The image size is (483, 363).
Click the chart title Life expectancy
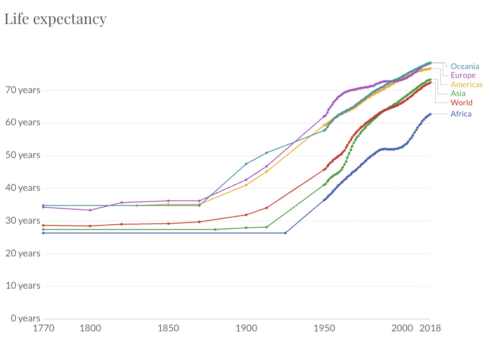point(56,19)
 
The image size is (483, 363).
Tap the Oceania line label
point(465,66)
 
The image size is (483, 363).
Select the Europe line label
point(463,75)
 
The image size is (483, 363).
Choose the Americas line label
point(467,84)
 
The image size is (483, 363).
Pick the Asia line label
point(458,93)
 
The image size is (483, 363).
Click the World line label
point(461,102)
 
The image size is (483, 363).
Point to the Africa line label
point(461,114)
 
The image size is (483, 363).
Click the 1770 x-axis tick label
point(43,328)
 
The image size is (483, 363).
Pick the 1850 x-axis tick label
point(168,328)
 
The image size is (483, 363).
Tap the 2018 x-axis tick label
point(430,328)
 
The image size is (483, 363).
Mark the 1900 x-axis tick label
point(246,328)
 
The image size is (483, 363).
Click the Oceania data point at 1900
point(246,163)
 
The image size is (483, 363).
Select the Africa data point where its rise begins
point(285,233)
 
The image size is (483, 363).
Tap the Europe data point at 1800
point(90,210)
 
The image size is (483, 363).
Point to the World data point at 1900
point(246,214)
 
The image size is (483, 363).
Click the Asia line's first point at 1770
point(43,230)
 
